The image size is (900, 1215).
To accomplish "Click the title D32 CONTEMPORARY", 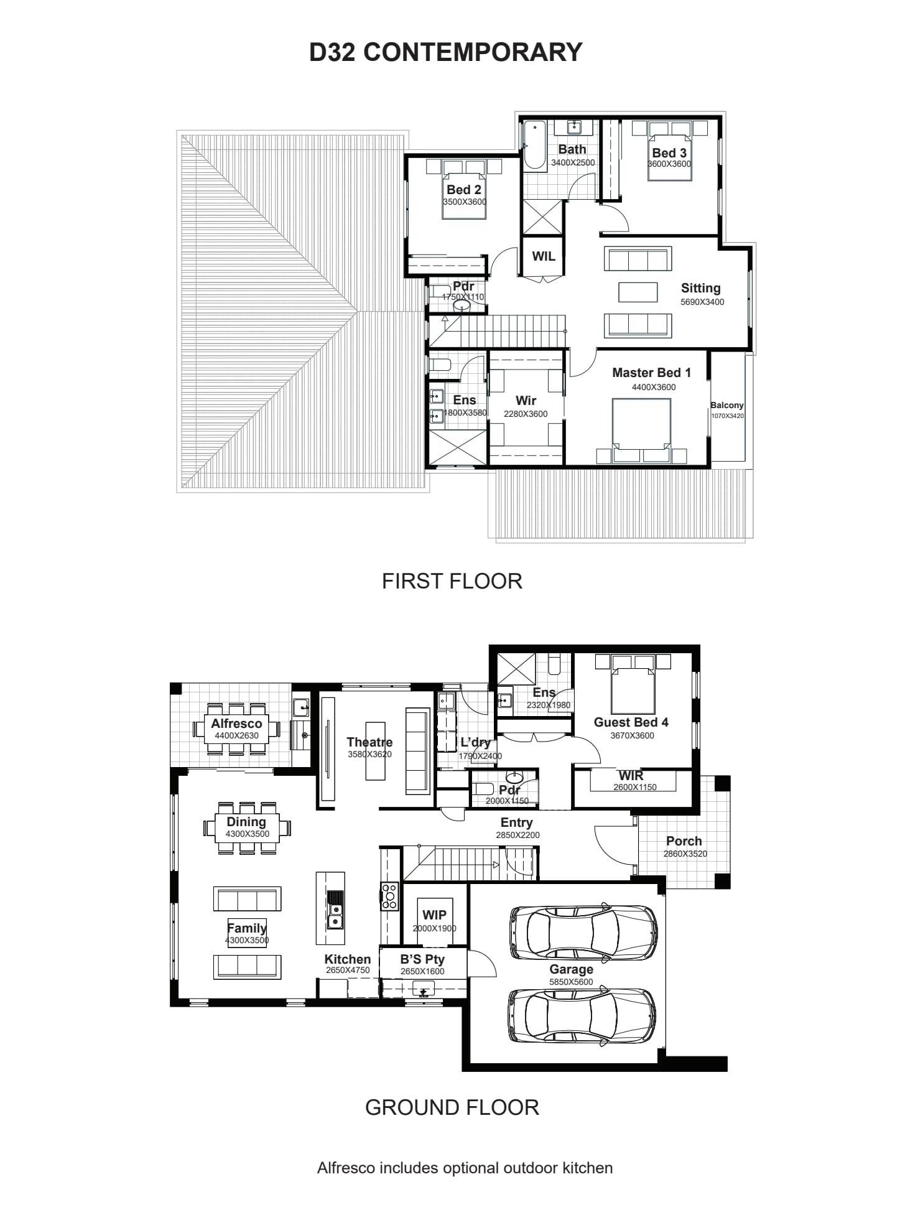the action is tap(446, 52).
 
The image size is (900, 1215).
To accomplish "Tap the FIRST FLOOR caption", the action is tap(452, 581).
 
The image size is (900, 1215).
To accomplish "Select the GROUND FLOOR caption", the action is tap(452, 1107).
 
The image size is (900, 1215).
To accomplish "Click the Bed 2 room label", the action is tap(464, 190).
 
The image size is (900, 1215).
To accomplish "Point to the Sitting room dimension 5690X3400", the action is tap(702, 302).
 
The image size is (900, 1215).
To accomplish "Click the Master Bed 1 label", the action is tap(651, 373).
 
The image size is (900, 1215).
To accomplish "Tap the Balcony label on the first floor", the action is tap(727, 405).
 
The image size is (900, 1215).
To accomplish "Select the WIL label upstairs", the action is tap(544, 256).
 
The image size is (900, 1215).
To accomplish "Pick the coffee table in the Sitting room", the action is tap(638, 292).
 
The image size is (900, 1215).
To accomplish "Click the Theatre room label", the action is tap(369, 742).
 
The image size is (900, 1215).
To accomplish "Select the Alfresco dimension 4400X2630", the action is tap(236, 735).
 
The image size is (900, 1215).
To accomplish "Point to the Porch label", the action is tap(684, 841).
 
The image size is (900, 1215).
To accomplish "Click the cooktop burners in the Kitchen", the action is tap(390, 896).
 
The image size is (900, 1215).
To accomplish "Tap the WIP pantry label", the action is tap(434, 915).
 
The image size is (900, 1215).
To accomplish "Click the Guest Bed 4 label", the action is tap(631, 722).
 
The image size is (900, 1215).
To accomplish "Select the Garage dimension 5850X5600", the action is tap(571, 982).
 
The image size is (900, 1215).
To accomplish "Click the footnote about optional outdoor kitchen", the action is tap(465, 1168).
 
